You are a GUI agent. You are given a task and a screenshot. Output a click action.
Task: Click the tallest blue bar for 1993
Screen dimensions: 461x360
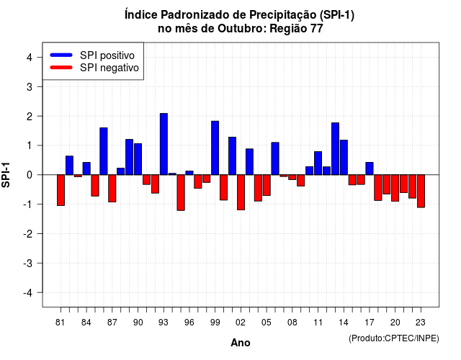(164, 144)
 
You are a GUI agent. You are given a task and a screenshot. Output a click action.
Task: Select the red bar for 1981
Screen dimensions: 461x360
(61, 190)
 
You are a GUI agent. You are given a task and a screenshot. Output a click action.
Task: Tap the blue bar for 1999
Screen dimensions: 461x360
(215, 148)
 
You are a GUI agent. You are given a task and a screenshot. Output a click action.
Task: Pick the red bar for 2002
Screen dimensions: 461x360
(241, 192)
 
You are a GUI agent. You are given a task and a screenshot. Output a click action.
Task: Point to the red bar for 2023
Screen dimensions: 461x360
(421, 191)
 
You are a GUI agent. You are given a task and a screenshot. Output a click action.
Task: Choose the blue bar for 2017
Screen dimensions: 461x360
(370, 168)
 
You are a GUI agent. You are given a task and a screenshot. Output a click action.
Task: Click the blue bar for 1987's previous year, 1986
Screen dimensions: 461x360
(104, 151)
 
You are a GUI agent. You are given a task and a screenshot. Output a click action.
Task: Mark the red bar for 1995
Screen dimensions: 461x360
(181, 193)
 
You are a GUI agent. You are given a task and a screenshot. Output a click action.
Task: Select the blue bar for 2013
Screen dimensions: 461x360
(335, 149)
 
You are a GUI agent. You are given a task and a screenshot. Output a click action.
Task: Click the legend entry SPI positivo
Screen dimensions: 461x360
(107, 55)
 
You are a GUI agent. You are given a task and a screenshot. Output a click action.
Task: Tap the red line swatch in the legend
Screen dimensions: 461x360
(61, 68)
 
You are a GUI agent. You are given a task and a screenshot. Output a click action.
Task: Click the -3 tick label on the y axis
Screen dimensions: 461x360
(28, 264)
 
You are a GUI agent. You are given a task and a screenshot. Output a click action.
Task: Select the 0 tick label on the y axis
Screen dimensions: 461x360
(30, 175)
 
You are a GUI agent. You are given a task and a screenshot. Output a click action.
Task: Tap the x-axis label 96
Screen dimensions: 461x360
(189, 323)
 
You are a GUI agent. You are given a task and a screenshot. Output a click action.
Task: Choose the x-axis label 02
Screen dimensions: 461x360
(241, 323)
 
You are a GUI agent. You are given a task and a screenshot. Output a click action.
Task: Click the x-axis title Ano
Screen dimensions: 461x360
(241, 343)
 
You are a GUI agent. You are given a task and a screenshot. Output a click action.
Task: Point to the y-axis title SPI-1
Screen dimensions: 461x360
(6, 175)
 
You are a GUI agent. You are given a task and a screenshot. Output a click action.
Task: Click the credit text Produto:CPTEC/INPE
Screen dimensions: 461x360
(394, 338)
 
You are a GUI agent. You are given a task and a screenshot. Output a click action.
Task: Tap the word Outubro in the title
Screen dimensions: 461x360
(241, 29)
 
